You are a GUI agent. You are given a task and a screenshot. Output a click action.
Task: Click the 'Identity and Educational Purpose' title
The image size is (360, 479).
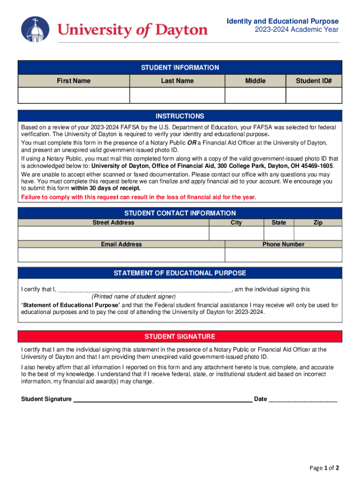(282, 22)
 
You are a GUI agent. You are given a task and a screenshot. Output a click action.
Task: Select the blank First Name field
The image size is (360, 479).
(73, 95)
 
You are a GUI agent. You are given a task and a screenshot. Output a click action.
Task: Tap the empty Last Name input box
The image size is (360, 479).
(177, 95)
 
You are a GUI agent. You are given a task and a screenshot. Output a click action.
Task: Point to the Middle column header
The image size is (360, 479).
(255, 81)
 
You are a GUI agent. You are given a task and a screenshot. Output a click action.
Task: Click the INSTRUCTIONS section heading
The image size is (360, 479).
(180, 116)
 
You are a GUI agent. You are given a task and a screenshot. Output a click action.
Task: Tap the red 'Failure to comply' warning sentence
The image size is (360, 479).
(138, 197)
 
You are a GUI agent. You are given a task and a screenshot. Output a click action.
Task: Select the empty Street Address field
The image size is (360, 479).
(113, 233)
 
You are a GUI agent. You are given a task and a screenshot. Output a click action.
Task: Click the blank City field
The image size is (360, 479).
(236, 233)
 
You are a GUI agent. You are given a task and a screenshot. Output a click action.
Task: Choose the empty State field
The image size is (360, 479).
(279, 233)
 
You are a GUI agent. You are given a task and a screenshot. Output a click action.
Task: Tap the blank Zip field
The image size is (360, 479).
(318, 233)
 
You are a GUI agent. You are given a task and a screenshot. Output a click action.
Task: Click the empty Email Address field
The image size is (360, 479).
(121, 254)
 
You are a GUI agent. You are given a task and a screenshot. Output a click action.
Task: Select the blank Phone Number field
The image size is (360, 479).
(283, 254)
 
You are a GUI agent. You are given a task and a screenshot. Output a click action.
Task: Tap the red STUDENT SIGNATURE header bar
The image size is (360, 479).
(180, 336)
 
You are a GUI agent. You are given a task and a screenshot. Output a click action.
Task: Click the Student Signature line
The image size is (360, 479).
(163, 399)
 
